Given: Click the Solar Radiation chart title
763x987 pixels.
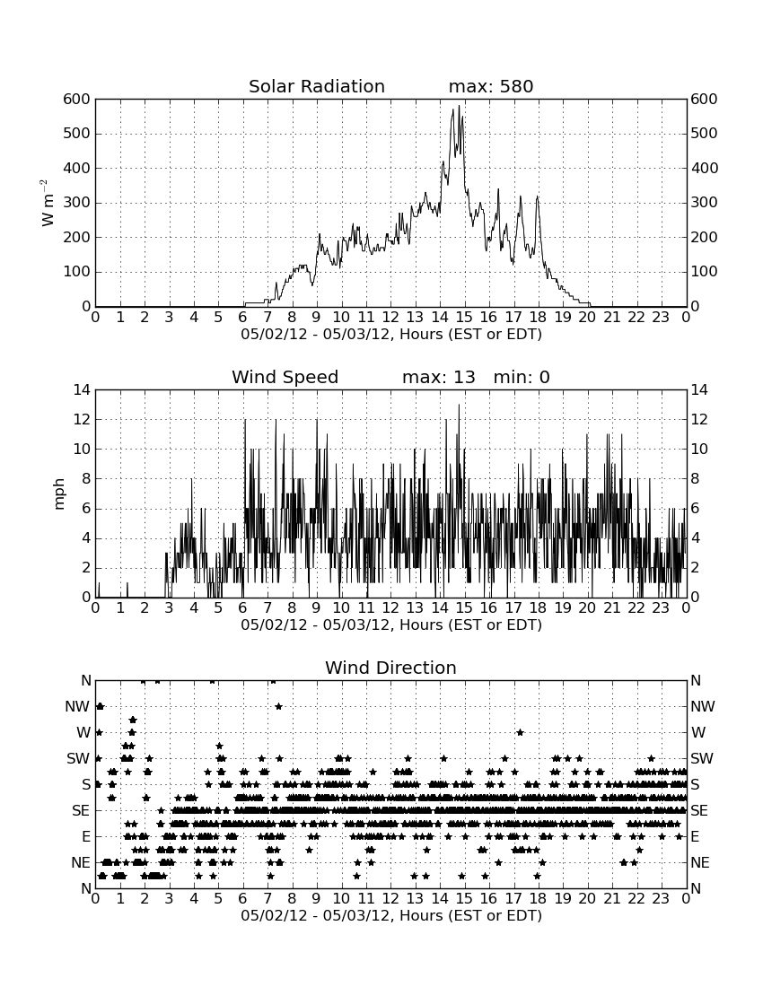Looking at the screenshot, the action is pos(317,86).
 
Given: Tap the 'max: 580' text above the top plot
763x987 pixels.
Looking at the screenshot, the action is pos(491,86).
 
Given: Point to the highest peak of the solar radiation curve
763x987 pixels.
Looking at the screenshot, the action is pos(459,106).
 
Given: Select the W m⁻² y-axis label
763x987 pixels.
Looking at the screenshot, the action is pos(47,203).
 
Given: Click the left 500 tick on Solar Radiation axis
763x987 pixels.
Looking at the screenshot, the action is pos(77,134).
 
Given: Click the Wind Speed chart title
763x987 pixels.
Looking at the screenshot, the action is pos(285,377).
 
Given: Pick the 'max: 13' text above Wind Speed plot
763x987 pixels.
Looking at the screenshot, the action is pos(439,377).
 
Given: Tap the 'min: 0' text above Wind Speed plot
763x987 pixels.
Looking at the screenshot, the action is pos(522,377).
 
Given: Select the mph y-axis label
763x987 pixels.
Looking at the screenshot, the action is pos(59,494).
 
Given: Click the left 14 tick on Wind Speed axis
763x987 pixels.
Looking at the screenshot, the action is pos(82,390).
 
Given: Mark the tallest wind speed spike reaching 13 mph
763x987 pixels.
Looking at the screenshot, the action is pos(459,405).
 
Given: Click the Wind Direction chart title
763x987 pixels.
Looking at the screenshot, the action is pos(391,668).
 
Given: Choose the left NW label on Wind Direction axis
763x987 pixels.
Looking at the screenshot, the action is pos(77,707).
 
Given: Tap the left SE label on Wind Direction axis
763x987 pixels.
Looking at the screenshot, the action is pos(81,811).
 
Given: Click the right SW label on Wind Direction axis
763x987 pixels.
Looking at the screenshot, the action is pos(702,758).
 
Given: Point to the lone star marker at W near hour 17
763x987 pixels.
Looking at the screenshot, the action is pos(520,732).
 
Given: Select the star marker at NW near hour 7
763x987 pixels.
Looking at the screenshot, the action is pos(278,706).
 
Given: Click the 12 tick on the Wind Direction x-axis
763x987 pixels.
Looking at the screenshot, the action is pos(390,898).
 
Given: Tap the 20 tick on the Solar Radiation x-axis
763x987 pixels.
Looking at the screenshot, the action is pos(587,317).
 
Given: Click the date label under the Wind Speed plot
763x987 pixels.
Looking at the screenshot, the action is pos(391,625).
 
